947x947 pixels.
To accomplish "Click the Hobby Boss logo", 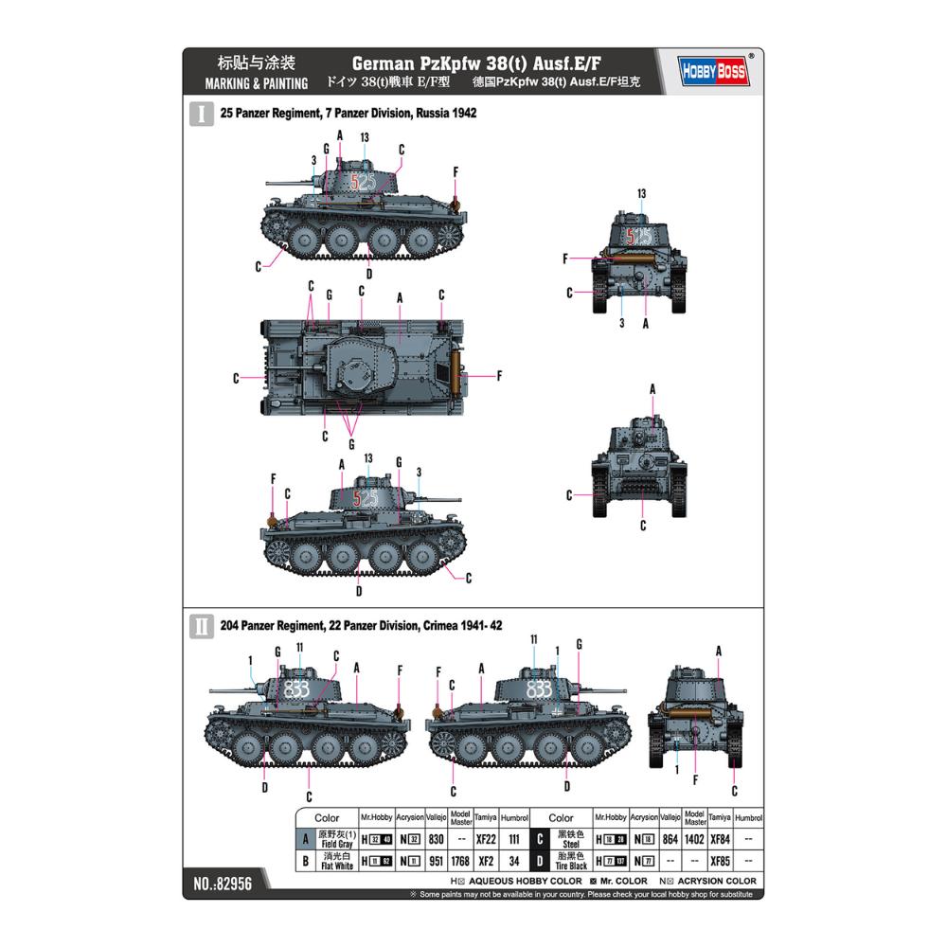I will (713, 72).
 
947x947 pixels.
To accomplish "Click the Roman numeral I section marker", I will (201, 114).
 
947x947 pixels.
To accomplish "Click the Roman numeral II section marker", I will (201, 626).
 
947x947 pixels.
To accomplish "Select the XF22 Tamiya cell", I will (485, 839).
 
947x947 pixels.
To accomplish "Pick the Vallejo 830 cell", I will (436, 839).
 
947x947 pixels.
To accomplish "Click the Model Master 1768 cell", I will (460, 861).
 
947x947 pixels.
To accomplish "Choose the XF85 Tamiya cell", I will (720, 861).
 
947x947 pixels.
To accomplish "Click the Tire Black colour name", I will (571, 866).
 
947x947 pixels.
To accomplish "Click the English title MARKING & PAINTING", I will (256, 83).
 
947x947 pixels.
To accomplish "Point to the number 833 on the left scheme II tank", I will (296, 689).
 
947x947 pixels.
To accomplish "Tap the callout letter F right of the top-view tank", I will (499, 376).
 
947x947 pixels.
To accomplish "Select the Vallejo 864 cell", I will (670, 839).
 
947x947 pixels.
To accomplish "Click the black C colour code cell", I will (538, 839).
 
